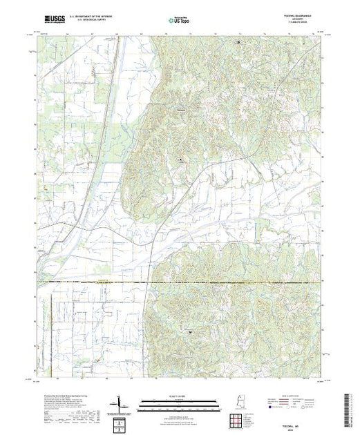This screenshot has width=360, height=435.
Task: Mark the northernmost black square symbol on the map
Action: [x=239, y=43]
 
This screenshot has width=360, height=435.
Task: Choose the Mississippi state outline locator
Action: [x=236, y=403]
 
